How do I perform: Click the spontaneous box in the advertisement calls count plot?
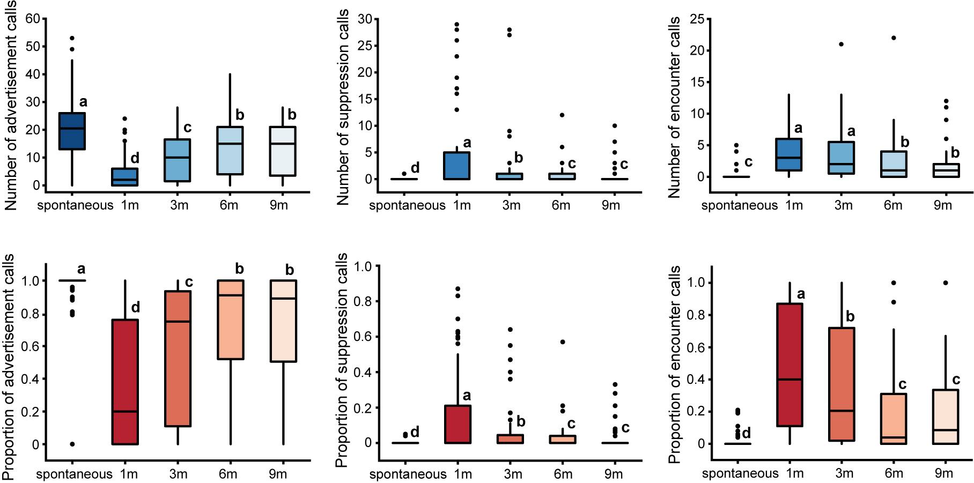click(72, 131)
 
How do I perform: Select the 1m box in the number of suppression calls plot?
click(458, 166)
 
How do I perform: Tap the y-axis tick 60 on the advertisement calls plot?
click(33, 19)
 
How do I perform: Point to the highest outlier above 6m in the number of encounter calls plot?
click(894, 38)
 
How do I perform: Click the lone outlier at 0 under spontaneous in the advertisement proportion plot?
click(72, 444)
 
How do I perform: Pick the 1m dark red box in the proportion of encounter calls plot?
click(790, 365)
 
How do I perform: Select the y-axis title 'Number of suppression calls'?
click(343, 107)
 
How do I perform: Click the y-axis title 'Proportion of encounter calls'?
click(674, 365)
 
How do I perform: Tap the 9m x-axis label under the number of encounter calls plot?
click(942, 205)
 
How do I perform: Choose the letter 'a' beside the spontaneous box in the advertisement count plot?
click(83, 102)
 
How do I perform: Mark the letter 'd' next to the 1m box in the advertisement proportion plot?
click(136, 307)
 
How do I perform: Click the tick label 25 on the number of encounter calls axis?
click(697, 19)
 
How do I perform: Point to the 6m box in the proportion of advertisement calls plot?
click(231, 319)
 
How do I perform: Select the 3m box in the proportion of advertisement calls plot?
click(178, 359)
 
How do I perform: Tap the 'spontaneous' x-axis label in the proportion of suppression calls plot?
click(408, 474)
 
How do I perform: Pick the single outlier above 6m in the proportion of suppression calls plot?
click(563, 342)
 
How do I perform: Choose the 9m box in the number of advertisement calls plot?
click(283, 151)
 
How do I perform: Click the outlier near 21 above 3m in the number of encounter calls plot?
click(841, 44)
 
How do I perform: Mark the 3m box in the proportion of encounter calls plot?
click(842, 384)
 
